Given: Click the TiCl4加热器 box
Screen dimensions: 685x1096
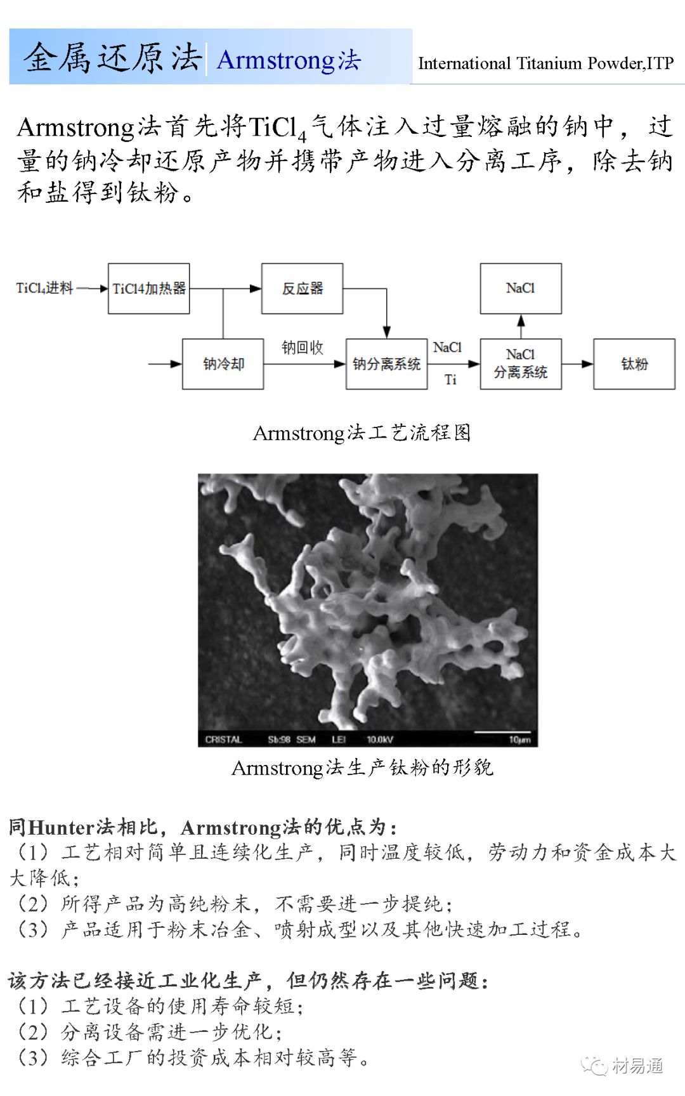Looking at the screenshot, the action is coord(148,289).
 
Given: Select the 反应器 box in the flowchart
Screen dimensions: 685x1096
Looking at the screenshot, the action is coord(302,289).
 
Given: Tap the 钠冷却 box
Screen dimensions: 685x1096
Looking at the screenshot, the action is coord(223,364).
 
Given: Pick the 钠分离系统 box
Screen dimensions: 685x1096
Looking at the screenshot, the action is coord(386,364).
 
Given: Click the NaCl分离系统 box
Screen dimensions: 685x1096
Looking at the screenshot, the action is coord(520,364).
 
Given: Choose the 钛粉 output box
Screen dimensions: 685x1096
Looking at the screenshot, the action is coord(634,364).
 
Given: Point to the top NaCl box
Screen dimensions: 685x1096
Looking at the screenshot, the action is coord(520,289).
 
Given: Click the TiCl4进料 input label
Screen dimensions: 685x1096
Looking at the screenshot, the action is coord(44,289).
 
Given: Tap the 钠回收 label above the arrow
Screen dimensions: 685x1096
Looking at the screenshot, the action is coord(303,348).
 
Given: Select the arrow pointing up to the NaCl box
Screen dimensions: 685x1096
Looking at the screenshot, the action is coord(521,326).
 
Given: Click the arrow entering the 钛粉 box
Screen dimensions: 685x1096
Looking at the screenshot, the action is coord(578,364).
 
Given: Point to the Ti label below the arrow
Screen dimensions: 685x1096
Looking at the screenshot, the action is coord(450,380).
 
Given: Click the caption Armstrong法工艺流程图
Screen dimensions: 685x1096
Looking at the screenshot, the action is coord(362,433).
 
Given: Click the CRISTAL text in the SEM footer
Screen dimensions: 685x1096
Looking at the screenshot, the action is coord(223,740).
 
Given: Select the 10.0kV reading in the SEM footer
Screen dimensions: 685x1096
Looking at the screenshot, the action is coord(379,740).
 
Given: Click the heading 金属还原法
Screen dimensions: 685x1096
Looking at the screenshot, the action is coord(113,58).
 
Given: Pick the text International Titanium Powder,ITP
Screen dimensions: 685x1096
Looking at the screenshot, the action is coord(545,63).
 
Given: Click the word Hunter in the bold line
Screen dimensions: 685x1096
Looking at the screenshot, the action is coord(62,828).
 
